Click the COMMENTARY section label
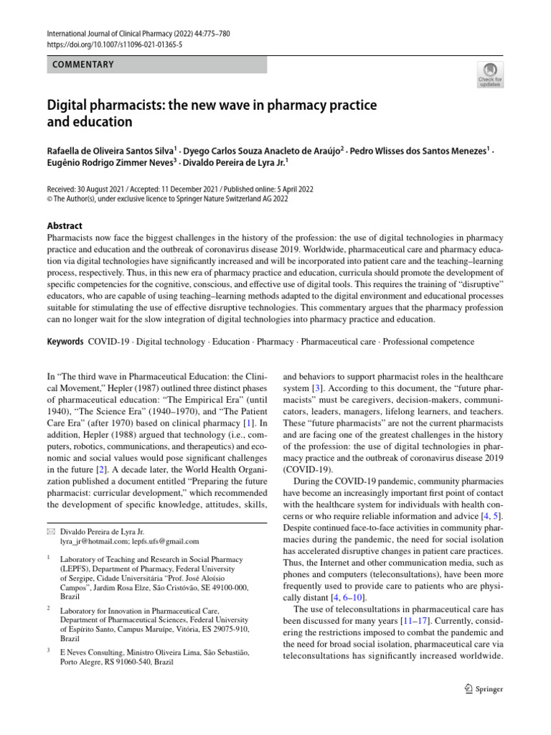pyautogui.click(x=83, y=65)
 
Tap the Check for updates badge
pyautogui.click(x=490, y=74)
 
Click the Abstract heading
pyautogui.click(x=65, y=225)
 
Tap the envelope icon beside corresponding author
pyautogui.click(x=51, y=531)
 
